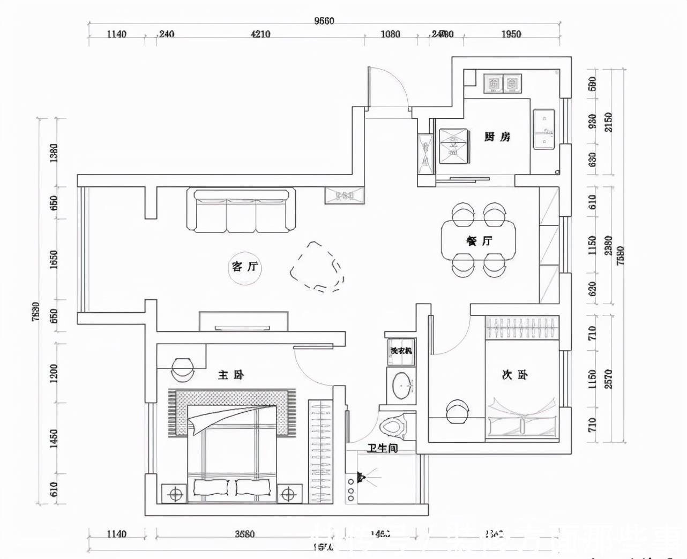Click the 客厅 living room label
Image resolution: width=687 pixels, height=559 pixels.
click(245, 266)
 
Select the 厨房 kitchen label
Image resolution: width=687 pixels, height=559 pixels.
click(497, 137)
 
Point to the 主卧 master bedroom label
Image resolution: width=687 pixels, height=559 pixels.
click(231, 375)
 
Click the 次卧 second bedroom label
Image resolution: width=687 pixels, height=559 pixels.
click(514, 375)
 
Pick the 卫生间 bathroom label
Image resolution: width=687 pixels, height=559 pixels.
click(382, 448)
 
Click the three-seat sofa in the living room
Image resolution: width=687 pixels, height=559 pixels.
click(241, 210)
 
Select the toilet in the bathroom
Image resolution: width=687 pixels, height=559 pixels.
click(394, 427)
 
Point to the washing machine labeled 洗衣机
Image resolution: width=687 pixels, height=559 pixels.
click(401, 351)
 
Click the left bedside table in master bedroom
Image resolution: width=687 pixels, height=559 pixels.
click(175, 494)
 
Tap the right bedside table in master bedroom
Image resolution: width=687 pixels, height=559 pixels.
click(288, 494)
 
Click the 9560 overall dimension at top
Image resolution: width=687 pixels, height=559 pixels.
click(324, 21)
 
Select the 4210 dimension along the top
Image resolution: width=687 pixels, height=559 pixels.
click(260, 34)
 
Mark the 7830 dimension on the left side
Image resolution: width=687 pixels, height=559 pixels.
click(36, 312)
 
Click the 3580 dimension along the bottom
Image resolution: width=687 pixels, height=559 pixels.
click(244, 534)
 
